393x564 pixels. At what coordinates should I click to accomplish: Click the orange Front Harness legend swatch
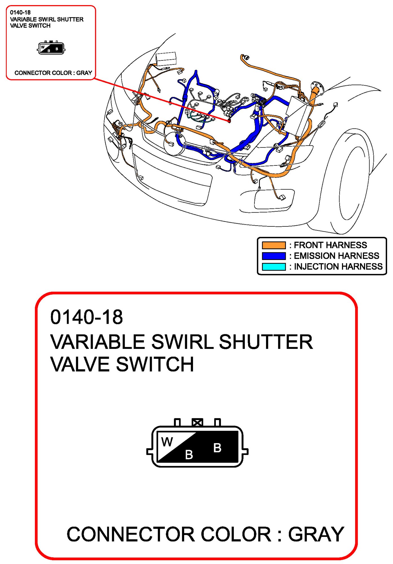[x=273, y=245]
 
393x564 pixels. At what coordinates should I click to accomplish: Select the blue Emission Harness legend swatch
[x=273, y=256]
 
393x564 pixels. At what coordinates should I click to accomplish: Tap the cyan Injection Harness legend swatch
[x=273, y=266]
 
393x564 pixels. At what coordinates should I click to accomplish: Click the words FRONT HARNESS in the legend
[x=330, y=245]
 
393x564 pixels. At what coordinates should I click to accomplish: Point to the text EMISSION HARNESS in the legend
[x=336, y=256]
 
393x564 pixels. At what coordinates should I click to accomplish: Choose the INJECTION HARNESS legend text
[x=338, y=266]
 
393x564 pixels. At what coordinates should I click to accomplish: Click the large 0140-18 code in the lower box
[x=86, y=317]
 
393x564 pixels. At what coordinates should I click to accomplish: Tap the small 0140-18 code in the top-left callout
[x=20, y=12]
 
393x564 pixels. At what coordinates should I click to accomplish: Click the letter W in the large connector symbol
[x=167, y=442]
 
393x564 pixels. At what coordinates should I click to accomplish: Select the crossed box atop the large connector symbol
[x=197, y=422]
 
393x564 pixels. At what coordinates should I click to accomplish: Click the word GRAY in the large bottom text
[x=316, y=534]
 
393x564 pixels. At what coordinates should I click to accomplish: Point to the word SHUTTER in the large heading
[x=266, y=342]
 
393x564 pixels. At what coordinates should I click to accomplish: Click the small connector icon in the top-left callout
[x=51, y=48]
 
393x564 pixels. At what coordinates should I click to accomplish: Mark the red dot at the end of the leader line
[x=229, y=121]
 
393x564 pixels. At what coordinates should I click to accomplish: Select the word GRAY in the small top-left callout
[x=84, y=73]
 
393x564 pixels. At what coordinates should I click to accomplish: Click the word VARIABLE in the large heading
[x=98, y=342]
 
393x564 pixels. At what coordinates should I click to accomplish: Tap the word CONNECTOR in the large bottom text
[x=131, y=534]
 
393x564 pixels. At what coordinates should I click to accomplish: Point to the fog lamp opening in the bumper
[x=274, y=200]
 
